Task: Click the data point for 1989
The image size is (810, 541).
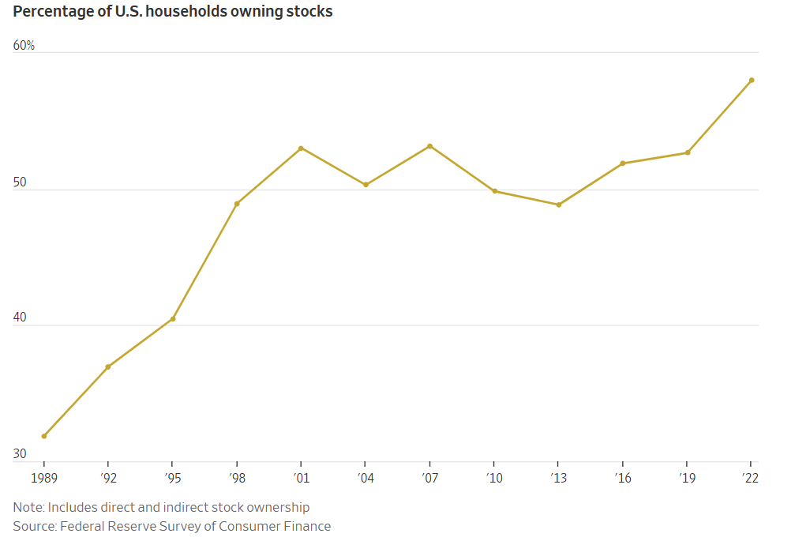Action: (x=44, y=436)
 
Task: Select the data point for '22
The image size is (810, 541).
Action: (x=752, y=80)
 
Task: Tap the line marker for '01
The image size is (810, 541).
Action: (x=302, y=148)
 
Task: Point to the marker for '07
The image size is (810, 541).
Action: (x=429, y=146)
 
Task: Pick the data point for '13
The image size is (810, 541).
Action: (x=559, y=205)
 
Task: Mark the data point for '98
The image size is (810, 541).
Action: (x=237, y=204)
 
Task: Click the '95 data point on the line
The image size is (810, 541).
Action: (x=173, y=319)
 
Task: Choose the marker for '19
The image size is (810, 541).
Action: (x=688, y=152)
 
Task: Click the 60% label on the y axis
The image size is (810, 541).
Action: (x=24, y=46)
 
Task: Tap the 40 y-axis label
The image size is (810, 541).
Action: (x=20, y=318)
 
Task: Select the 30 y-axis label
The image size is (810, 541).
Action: (x=20, y=454)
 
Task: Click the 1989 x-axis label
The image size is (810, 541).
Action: (x=44, y=478)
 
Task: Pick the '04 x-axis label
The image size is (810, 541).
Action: (x=365, y=478)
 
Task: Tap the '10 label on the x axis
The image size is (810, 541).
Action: (x=493, y=478)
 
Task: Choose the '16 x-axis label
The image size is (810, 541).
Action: (x=623, y=478)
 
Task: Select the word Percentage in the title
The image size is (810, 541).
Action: (x=50, y=13)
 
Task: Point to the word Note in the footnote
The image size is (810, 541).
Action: (x=28, y=507)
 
